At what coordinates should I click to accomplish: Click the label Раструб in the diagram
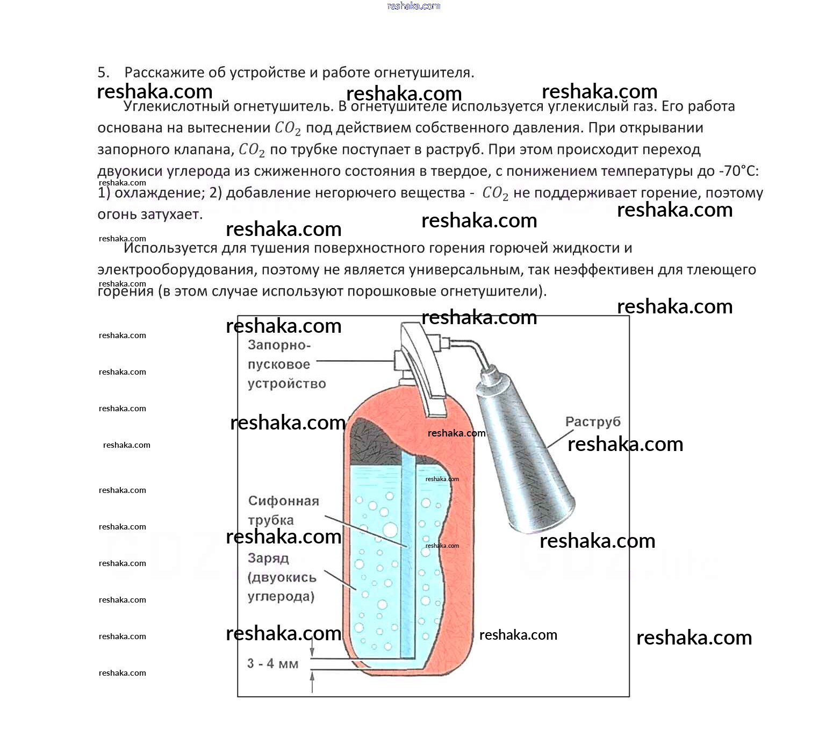(592, 422)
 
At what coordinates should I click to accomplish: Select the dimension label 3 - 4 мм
(272, 663)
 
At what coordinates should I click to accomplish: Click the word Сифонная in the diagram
(283, 501)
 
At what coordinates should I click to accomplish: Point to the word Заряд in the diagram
(268, 558)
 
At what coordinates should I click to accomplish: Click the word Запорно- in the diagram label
(279, 345)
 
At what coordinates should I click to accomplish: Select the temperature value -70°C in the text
(739, 171)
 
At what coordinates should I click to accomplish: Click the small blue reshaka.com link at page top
(413, 6)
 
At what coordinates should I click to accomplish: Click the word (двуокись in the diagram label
(282, 577)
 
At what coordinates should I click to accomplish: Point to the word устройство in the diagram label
(286, 384)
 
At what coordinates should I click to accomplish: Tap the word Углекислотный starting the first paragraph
(176, 106)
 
